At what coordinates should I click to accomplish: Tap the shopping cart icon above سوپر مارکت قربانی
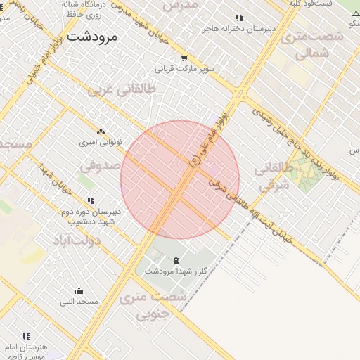tap(184, 59)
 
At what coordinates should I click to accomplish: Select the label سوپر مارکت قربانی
tap(185, 70)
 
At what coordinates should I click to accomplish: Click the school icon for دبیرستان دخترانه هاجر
tap(239, 18)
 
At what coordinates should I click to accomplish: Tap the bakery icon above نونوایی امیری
tap(101, 131)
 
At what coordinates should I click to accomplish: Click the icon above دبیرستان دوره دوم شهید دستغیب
tap(91, 200)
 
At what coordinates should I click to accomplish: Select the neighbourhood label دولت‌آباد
tap(77, 240)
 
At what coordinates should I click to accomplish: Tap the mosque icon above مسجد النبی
tap(79, 291)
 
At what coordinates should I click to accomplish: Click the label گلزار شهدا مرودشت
tap(176, 271)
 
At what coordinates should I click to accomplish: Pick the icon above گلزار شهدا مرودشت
tap(176, 261)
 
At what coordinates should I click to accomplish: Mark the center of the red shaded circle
tap(180, 180)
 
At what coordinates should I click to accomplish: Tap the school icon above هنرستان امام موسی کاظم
tap(26, 337)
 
